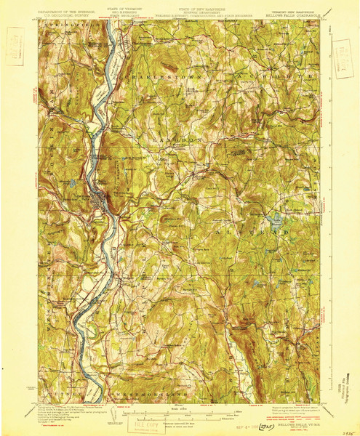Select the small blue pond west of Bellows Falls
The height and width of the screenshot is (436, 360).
coord(73,183)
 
